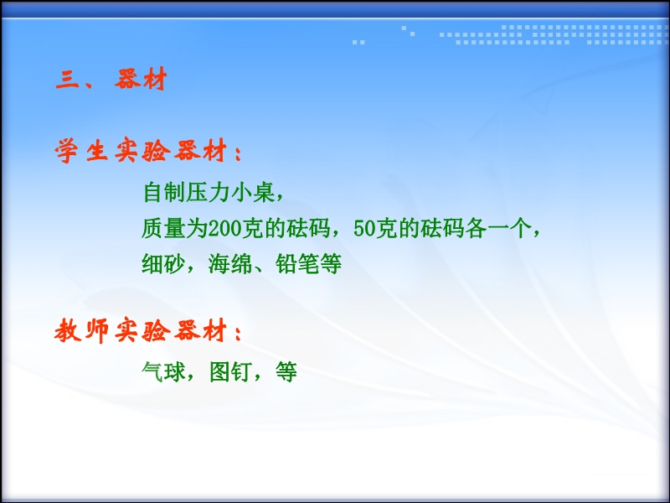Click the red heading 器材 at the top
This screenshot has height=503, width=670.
[141, 79]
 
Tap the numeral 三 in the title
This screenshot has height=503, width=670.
[67, 80]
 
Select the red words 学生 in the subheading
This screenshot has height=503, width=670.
[81, 151]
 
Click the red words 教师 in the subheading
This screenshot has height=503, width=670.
[81, 330]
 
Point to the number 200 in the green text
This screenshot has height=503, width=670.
[224, 228]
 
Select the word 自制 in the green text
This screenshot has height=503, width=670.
[164, 192]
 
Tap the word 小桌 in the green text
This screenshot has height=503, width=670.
[253, 192]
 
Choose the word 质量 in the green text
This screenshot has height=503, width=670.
[164, 228]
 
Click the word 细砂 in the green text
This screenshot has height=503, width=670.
[164, 264]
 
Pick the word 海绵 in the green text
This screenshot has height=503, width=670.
[230, 264]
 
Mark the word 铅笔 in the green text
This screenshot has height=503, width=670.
[297, 264]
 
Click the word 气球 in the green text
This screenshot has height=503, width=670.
[164, 371]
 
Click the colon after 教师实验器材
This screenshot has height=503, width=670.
[239, 333]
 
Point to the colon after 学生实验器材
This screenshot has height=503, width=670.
[239, 153]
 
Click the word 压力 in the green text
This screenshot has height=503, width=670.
[209, 192]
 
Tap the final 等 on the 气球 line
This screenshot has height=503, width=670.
[286, 371]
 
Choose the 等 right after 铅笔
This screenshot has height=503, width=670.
[331, 264]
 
